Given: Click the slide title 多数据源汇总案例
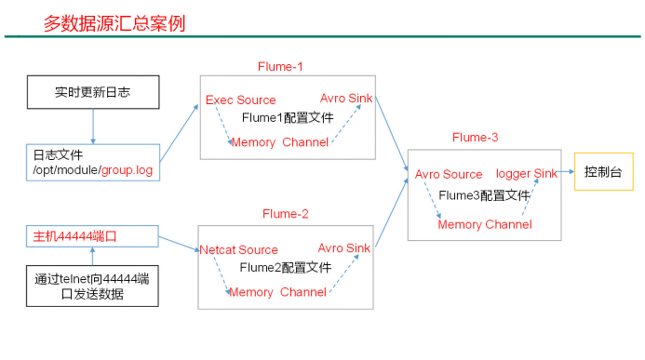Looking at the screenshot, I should pos(114,23).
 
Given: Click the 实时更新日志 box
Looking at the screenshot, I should pos(93,93).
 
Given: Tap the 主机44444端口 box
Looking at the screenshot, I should pos(93,235).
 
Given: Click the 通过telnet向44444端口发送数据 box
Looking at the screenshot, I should pos(93,287).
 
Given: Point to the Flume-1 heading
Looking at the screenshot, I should pos(280,67).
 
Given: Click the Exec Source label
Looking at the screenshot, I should pos(241,100).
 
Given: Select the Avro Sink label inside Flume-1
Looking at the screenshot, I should pos(346,98).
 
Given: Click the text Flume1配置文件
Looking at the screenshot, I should pos(288,118).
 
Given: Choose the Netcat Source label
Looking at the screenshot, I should pos(238,249).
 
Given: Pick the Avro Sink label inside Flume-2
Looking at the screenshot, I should pos(343,247).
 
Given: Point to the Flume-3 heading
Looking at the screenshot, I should pos(475,138).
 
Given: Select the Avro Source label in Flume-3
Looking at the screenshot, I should pos(449,174).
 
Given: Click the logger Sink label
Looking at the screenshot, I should pos(527,174).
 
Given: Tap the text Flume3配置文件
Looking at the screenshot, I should pos(485,195).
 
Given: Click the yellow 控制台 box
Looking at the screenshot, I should pos(603,172).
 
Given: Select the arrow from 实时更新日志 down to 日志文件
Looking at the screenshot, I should pos(93,127).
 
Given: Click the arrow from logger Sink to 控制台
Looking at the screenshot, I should pos(567,172).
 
